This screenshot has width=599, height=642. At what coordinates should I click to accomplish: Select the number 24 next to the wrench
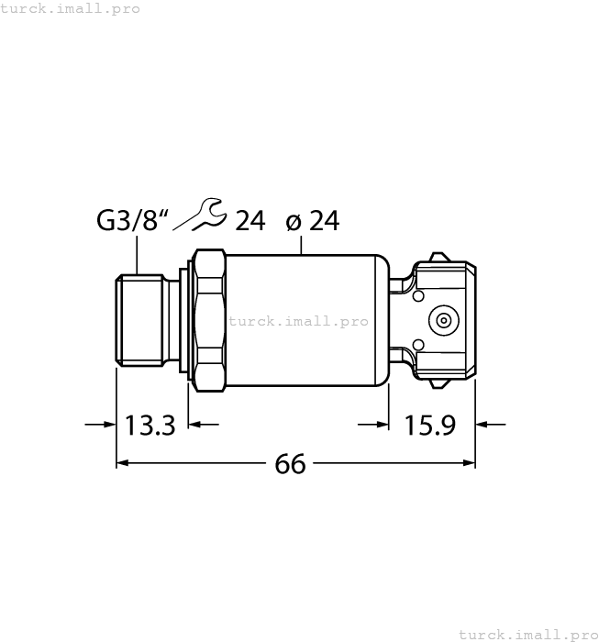point(250,221)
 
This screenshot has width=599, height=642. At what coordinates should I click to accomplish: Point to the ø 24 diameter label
point(313,221)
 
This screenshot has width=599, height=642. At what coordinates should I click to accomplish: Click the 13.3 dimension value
point(150,426)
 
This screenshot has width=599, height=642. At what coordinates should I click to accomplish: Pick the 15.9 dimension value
point(430,426)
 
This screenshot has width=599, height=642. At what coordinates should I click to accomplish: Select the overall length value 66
point(290,465)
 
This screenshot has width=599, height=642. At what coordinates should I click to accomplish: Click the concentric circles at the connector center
point(444,320)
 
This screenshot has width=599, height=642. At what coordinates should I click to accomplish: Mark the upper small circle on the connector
point(418,295)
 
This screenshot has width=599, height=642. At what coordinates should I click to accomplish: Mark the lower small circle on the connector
point(418,345)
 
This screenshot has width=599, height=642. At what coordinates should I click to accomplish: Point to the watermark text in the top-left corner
point(71,8)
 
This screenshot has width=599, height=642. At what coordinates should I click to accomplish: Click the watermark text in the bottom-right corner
point(527,634)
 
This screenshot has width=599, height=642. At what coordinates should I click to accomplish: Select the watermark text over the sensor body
point(298,321)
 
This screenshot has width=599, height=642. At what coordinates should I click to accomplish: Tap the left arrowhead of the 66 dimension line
point(122,465)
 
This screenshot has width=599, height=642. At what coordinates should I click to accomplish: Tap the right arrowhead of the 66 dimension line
point(469,465)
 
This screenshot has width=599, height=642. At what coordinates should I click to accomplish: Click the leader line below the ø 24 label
point(301,244)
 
